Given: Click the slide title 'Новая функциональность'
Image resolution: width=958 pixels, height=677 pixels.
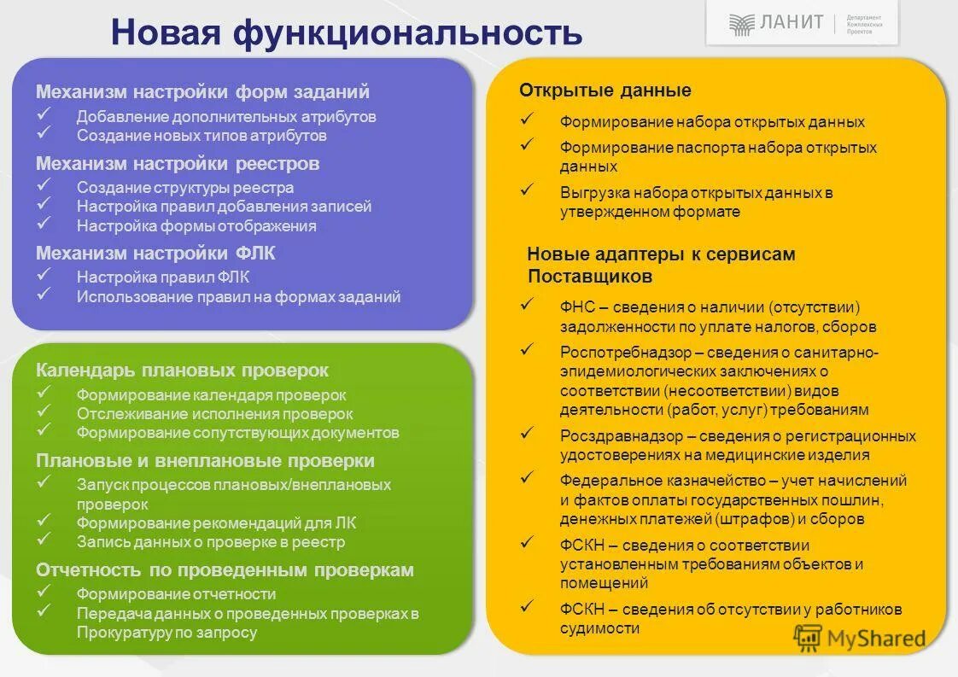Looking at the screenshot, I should [346, 33].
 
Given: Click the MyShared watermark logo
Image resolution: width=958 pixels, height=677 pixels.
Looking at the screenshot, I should [860, 638].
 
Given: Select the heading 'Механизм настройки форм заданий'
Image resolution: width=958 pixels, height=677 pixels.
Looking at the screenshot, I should [202, 91].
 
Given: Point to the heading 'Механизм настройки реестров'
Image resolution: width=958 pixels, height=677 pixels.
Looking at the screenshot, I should [178, 163].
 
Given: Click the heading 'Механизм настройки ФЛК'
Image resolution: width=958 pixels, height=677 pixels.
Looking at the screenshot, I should [155, 254].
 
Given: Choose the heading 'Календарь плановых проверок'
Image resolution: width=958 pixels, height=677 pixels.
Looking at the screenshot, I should [182, 371].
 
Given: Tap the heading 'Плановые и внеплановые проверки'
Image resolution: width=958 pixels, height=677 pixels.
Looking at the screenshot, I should [205, 461].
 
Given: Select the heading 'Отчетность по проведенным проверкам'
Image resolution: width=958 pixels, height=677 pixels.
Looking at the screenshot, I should [225, 569].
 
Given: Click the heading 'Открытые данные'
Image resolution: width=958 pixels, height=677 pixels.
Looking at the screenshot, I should [605, 90].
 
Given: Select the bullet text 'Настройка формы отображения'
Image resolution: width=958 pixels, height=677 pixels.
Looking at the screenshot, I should [196, 226].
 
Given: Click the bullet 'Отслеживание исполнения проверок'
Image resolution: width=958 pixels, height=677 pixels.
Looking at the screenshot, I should [202, 414].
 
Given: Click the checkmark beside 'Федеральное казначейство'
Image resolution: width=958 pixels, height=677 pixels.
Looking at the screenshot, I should [528, 477].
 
